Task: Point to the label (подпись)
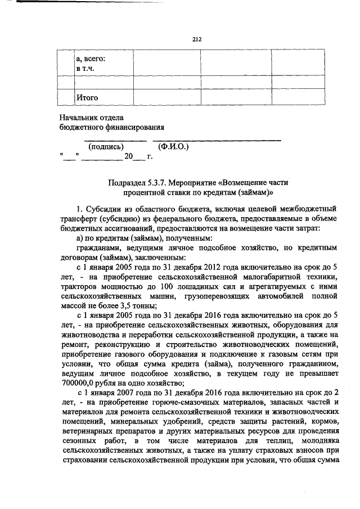[x=106, y=146]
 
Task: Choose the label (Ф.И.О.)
[x=174, y=146]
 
